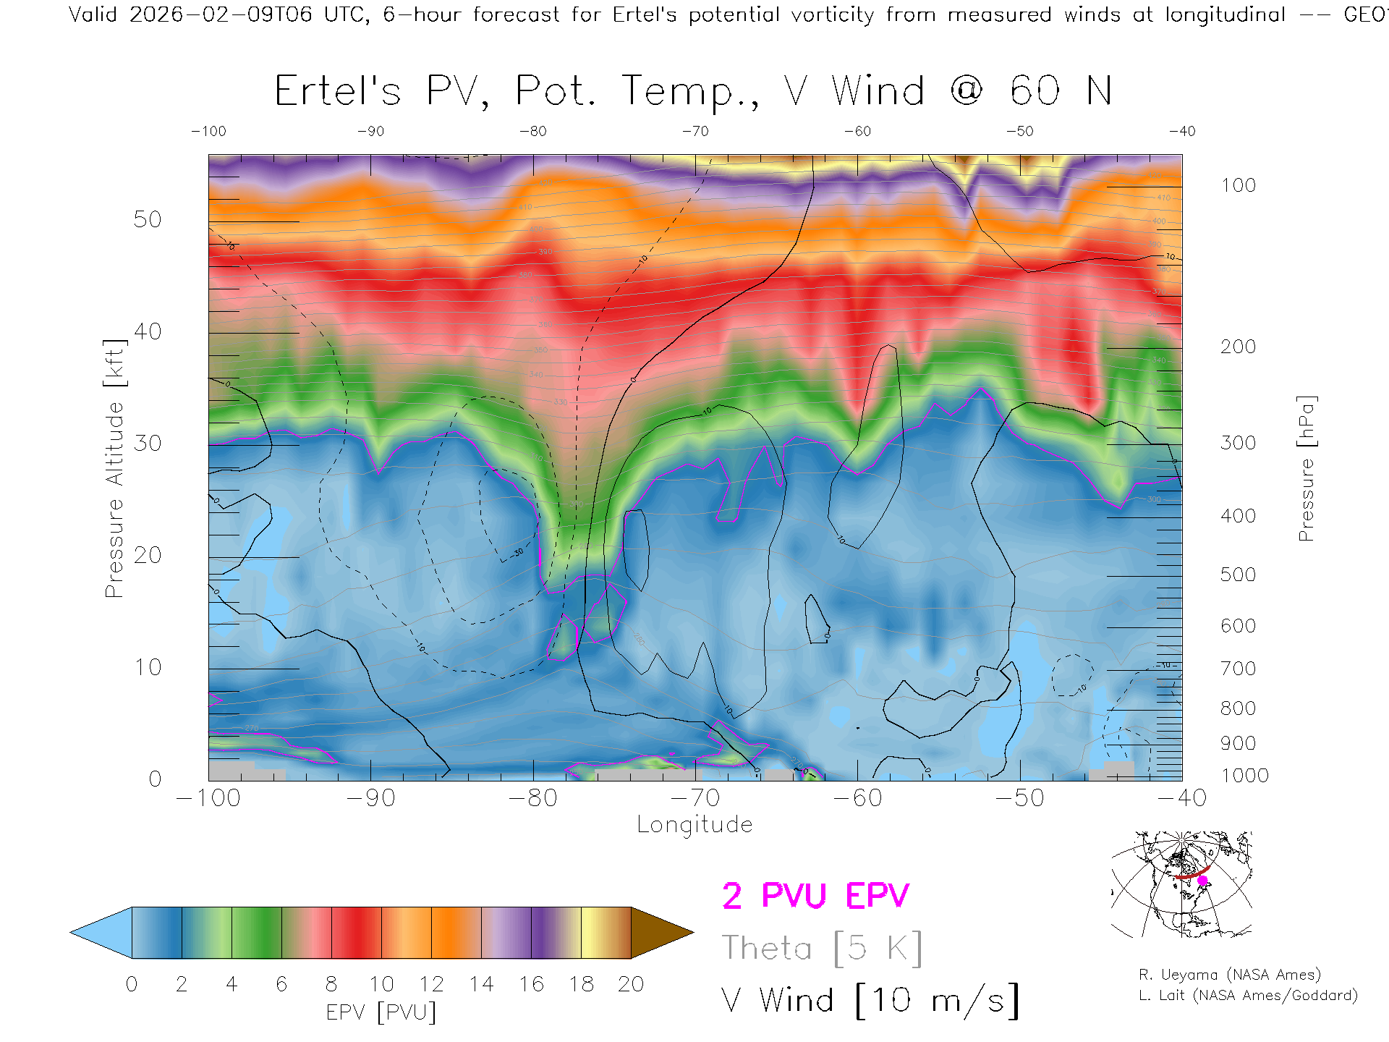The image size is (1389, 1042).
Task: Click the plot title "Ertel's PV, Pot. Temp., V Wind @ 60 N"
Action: (693, 92)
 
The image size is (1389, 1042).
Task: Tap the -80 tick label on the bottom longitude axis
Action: (532, 798)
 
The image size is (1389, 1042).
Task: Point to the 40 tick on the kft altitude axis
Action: (148, 332)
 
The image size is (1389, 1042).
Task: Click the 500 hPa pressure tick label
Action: (1238, 575)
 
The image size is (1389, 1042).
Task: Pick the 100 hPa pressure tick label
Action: (1238, 186)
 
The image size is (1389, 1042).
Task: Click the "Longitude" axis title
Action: (694, 825)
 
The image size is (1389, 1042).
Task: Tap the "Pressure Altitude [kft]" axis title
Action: (114, 468)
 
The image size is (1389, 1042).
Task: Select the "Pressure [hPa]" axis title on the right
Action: (1306, 468)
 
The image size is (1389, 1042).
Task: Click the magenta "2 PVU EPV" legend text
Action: (815, 896)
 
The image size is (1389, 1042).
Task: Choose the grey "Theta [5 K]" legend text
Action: (822, 948)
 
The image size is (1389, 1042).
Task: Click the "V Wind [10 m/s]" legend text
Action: (870, 1001)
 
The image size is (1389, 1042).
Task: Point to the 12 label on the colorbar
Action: (431, 985)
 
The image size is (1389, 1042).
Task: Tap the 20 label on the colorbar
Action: (631, 985)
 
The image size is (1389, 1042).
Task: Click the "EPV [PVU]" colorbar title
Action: (381, 1012)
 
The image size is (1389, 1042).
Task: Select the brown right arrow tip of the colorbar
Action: (660, 933)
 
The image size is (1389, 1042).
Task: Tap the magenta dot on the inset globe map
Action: (1202, 881)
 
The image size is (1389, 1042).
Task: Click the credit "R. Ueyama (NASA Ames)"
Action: (1230, 975)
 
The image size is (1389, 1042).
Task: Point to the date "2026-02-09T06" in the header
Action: (221, 14)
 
